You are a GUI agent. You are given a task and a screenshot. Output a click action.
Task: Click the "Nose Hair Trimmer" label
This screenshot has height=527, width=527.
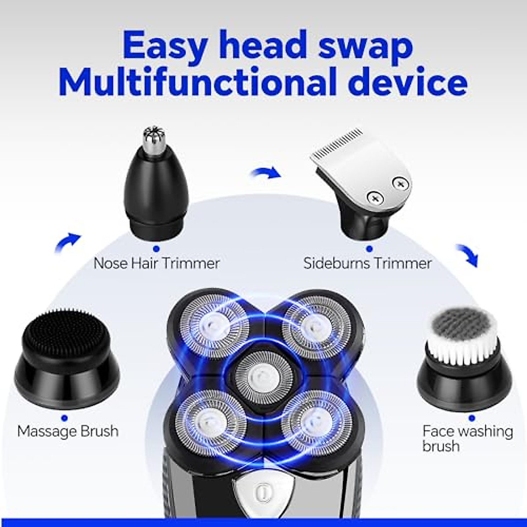[156, 263]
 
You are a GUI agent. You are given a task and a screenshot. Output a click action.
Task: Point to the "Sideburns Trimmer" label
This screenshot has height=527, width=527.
[368, 263]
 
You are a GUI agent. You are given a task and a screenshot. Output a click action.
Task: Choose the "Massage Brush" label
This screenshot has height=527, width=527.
[68, 431]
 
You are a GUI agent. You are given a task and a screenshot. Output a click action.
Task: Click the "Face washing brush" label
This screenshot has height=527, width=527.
[467, 438]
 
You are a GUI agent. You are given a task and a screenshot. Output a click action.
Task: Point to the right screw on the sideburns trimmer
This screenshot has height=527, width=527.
[399, 184]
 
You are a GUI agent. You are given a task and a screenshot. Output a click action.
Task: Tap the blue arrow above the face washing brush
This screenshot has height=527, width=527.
[467, 255]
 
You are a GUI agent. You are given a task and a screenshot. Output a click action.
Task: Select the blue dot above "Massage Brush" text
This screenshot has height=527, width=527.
[65, 418]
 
